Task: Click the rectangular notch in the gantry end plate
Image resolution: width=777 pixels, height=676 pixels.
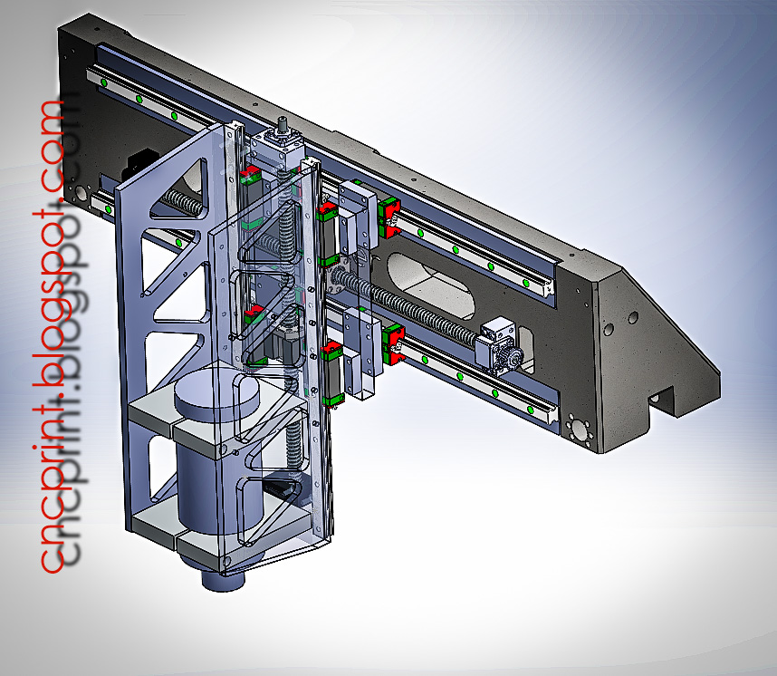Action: tap(671, 399)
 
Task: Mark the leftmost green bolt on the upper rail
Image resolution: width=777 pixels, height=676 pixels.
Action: tap(104, 84)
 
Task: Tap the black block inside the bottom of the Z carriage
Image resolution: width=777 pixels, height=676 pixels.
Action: tap(275, 490)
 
